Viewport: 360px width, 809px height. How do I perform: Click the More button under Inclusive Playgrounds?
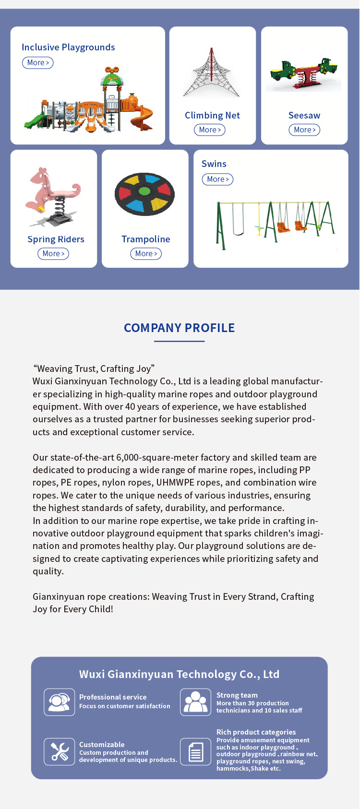(x=37, y=63)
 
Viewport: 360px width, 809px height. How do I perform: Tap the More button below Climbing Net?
(x=210, y=130)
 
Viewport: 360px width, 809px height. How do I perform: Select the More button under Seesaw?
(x=304, y=130)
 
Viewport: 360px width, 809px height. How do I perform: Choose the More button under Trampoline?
(x=146, y=254)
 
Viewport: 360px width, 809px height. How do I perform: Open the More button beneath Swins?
(x=217, y=179)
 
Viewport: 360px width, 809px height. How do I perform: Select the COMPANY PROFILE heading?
(x=180, y=328)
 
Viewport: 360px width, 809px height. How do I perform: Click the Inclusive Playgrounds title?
(x=68, y=48)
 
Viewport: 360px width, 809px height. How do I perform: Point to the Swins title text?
(x=214, y=164)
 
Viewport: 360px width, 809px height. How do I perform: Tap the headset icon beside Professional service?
(x=60, y=702)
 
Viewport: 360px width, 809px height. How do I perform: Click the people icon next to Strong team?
(x=195, y=702)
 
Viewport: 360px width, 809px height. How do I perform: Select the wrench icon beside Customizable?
(x=60, y=751)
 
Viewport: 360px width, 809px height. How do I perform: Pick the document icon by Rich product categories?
(x=195, y=751)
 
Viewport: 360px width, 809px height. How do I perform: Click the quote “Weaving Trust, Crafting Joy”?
(x=94, y=369)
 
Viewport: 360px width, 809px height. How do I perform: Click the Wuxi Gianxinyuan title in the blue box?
(x=179, y=674)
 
